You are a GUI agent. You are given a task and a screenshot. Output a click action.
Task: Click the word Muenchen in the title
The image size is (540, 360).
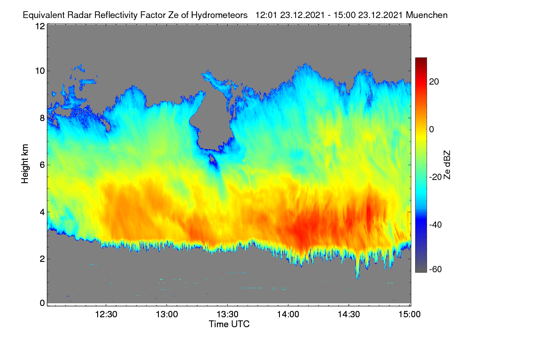coord(427,15)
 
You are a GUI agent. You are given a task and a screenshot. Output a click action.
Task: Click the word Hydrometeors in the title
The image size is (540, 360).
coord(219,15)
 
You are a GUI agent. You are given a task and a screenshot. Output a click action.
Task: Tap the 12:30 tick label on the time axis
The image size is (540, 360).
coord(106,314)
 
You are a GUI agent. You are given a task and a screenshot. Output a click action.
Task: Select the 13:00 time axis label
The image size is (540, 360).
coord(167,314)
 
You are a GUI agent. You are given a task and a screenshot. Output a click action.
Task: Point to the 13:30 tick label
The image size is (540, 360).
coord(227,314)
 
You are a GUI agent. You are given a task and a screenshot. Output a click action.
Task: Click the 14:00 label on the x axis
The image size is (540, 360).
coord(288,314)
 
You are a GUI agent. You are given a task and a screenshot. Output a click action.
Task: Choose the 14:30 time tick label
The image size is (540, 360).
coord(349,314)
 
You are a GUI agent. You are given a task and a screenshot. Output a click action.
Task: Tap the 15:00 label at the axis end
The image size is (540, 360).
coord(409,314)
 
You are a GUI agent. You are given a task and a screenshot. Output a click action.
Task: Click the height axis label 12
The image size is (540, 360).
coord(40,26)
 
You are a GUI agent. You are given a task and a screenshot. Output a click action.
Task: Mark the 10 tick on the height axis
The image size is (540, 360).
coord(40,71)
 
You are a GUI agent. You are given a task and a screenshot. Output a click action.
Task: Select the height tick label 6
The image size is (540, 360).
coord(42,165)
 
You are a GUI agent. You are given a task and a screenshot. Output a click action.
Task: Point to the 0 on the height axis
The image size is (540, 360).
coord(42,303)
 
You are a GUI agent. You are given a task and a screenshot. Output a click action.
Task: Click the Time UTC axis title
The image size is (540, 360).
coord(229,324)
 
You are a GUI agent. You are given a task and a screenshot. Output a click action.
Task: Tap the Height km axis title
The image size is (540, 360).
coord(25,164)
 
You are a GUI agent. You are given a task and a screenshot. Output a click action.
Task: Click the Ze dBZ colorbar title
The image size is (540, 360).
coord(447,165)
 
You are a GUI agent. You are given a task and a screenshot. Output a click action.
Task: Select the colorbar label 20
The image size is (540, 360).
coord(434,82)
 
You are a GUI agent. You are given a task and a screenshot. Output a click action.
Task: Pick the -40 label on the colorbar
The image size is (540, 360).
coord(436,225)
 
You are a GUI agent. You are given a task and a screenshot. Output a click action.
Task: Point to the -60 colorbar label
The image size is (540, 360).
coord(436,270)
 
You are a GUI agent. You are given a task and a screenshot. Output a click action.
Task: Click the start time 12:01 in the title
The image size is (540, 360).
coord(266,15)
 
